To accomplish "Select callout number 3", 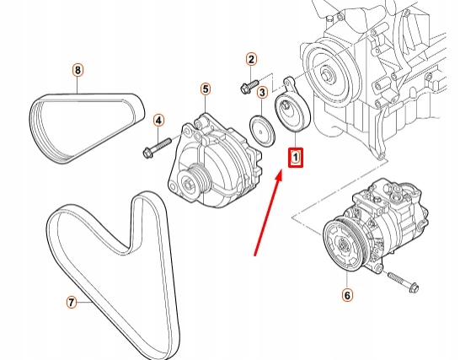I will [262, 93].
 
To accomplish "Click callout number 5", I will [205, 89].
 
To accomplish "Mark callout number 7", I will [72, 301].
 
